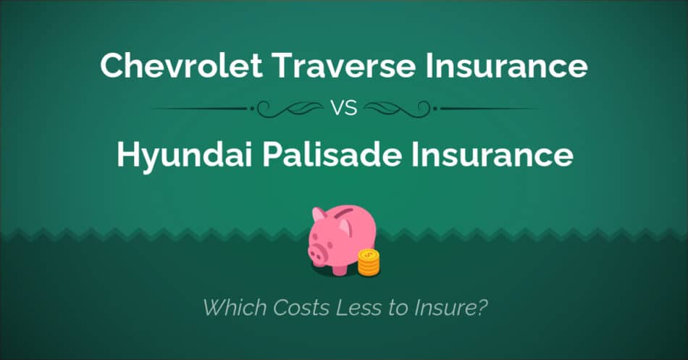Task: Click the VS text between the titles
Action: coord(343,109)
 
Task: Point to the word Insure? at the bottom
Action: coord(453,307)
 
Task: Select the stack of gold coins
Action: coord(369,261)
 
